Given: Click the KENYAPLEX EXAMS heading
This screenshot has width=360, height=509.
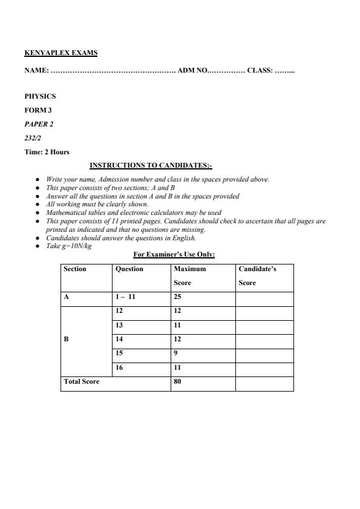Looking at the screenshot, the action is point(61,53).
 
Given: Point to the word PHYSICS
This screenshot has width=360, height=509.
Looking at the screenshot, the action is point(40,96).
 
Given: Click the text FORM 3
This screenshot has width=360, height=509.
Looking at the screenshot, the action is point(38,110).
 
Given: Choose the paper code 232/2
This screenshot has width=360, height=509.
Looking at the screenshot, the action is point(33,138).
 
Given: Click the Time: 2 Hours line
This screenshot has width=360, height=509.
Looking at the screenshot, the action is point(47,152).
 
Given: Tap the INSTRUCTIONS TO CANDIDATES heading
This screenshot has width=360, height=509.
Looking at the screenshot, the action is point(151,165).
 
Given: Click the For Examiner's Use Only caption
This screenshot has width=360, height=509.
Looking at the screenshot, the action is point(174,254).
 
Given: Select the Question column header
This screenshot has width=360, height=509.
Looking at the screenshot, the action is point(129,269).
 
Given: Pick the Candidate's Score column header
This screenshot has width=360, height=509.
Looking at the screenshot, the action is point(257,275).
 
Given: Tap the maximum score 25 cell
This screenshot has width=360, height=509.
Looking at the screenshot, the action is point(177,297).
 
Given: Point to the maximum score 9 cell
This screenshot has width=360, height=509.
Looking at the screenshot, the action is point(175,353).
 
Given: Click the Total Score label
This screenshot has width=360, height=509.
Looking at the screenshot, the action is point(82,381).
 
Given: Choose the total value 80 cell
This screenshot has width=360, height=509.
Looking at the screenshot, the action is point(177,381).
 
